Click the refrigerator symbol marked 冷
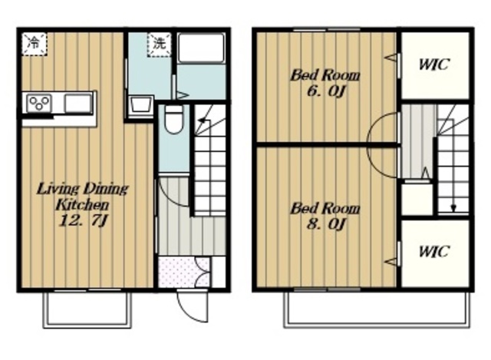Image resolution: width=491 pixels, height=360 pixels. tap(35, 44)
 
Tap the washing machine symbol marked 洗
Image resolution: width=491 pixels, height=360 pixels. tap(160, 45)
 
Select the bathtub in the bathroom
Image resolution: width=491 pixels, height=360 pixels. tap(201, 48)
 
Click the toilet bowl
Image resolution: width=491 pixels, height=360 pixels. tap(174, 120)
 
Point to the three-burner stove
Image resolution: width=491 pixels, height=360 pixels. tap(39, 103)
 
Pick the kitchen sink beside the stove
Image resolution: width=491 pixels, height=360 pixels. tap(78, 103)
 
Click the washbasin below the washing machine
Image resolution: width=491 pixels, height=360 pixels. tap(141, 105)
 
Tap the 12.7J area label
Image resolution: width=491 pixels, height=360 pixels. tap(84, 221)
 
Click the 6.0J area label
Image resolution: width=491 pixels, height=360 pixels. tap(325, 91)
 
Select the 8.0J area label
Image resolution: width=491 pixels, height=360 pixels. tap(325, 224)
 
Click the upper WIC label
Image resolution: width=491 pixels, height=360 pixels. tap(434, 64)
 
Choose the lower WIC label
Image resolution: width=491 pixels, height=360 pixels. tap(434, 251)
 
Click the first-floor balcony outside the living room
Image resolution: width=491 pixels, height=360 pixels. tap(87, 310)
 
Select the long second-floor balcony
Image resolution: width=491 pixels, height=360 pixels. tap(377, 310)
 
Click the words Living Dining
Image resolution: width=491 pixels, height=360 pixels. tap(83, 190)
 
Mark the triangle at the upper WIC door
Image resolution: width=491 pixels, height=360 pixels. tap(390, 58)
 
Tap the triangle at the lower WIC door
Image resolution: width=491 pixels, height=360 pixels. tap(390, 261)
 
